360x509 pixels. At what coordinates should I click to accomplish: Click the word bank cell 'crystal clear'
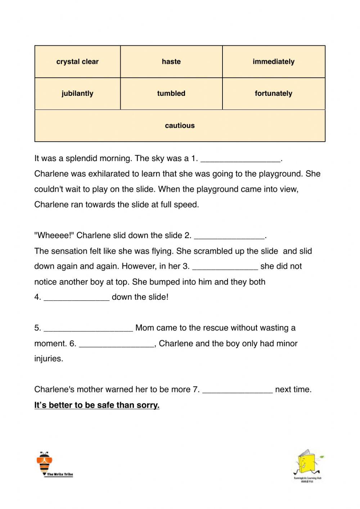[77, 62]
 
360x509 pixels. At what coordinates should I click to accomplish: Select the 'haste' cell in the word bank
[171, 62]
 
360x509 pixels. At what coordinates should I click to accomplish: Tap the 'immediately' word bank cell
[274, 62]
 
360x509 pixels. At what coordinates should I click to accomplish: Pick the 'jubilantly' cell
[77, 93]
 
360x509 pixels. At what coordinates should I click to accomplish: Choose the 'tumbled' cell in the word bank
[171, 93]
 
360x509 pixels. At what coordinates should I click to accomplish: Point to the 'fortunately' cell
[274, 93]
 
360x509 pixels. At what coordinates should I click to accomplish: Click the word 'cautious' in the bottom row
[180, 125]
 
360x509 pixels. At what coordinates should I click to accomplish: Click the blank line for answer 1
[240, 159]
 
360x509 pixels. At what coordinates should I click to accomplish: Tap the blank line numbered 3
[225, 267]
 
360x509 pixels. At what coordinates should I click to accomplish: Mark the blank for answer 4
[76, 298]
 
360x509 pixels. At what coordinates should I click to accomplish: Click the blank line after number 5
[88, 329]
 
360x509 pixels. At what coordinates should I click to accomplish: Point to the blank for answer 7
[238, 390]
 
